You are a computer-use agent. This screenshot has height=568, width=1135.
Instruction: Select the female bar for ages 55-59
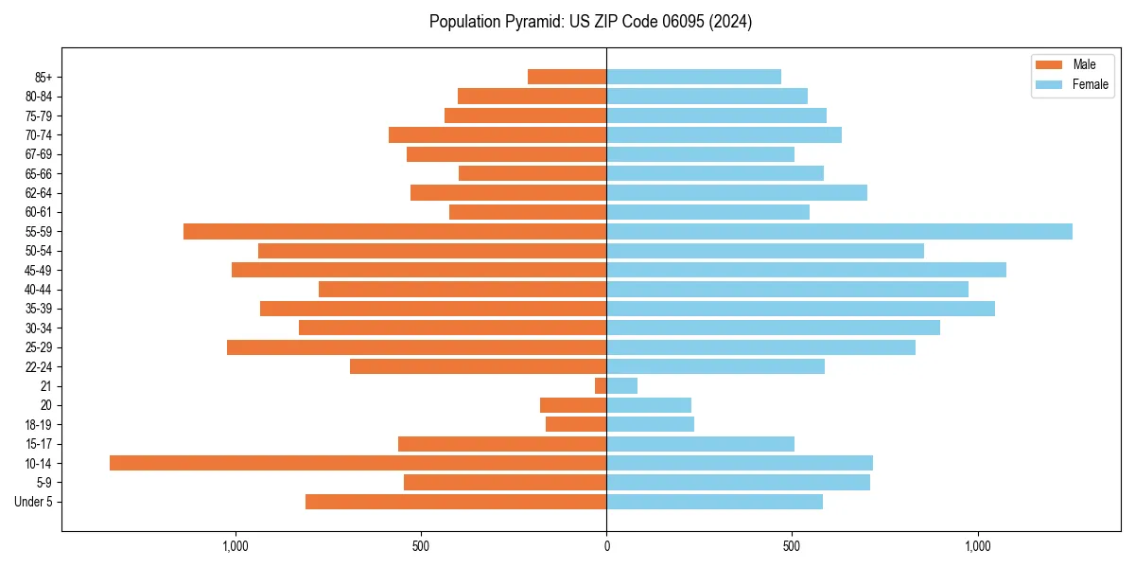[839, 231]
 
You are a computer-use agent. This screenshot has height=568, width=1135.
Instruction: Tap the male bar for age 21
[601, 385]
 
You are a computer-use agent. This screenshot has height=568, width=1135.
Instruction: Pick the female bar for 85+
[693, 77]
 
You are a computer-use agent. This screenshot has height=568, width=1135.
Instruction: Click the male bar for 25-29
[416, 347]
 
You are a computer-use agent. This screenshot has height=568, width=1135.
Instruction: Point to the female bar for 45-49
[806, 270]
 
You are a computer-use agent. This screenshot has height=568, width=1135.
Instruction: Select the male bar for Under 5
[456, 502]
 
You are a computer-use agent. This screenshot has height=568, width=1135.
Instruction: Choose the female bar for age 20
[649, 405]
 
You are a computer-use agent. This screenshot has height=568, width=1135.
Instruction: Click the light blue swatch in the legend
[1050, 84]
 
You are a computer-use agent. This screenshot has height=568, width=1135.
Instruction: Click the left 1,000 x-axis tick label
[235, 546]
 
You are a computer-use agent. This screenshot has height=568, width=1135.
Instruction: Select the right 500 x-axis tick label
[792, 546]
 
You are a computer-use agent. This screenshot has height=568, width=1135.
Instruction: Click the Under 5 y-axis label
[33, 502]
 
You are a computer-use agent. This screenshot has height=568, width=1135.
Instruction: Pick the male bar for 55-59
[394, 231]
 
